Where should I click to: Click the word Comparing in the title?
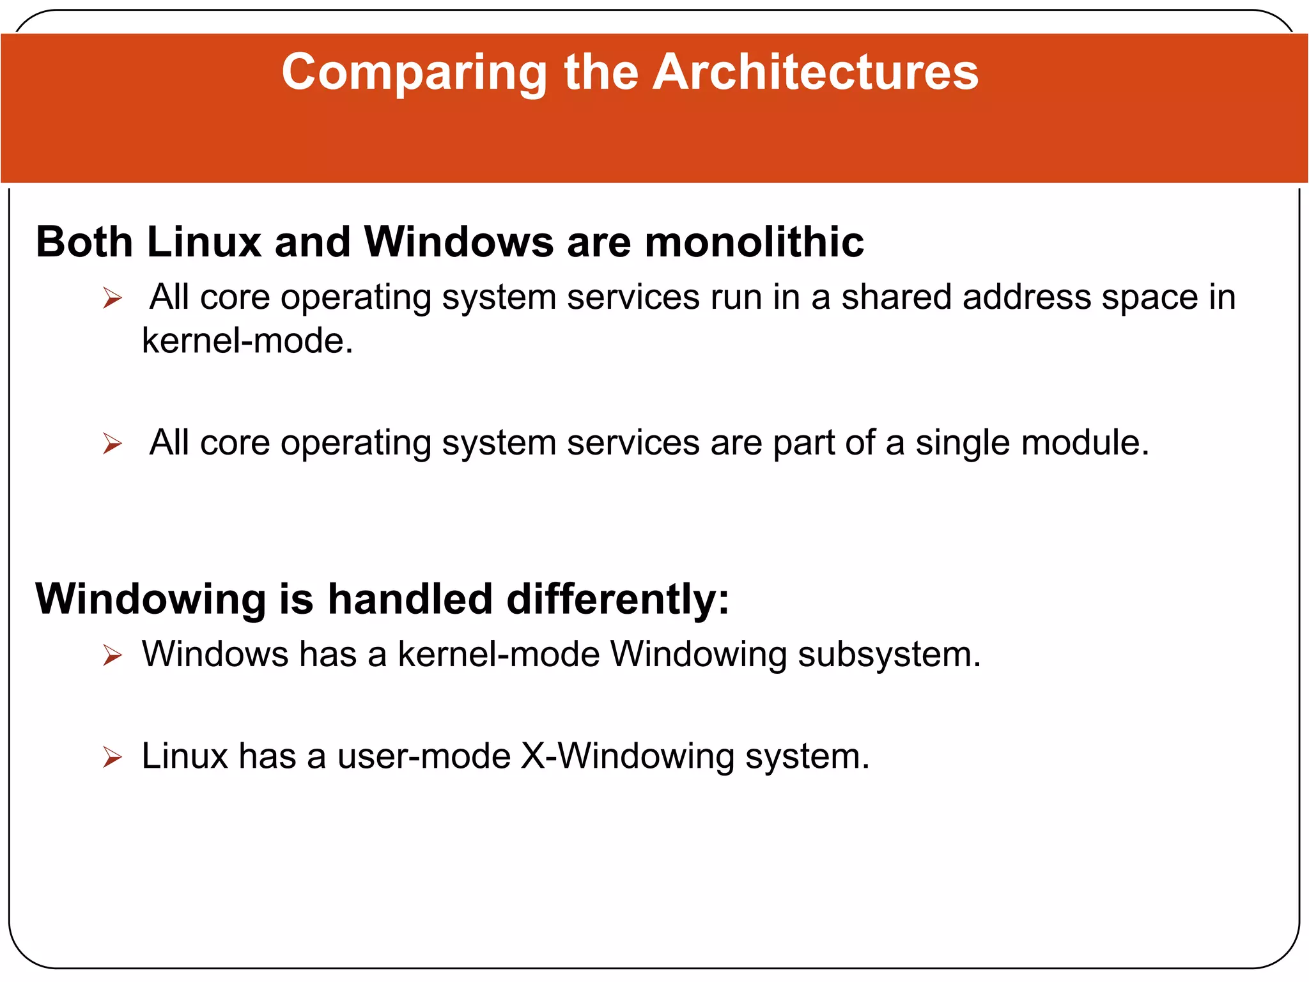tap(414, 72)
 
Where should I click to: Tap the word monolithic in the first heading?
tap(754, 242)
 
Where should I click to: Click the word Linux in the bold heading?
tap(204, 242)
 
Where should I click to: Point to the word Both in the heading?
tap(84, 242)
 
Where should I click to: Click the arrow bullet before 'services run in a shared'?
tap(112, 298)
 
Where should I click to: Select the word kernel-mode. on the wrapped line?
tap(247, 340)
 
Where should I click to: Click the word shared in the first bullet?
tap(896, 297)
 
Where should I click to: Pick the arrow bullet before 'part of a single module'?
tap(112, 443)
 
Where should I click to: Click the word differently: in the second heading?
tap(617, 599)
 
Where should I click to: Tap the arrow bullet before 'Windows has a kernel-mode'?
tap(112, 655)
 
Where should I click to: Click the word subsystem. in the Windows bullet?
tap(889, 655)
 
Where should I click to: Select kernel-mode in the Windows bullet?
tap(499, 655)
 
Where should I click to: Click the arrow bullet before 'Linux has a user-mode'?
tap(112, 758)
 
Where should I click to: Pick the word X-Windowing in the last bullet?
tap(628, 756)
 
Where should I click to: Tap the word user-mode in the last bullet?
tap(424, 756)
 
